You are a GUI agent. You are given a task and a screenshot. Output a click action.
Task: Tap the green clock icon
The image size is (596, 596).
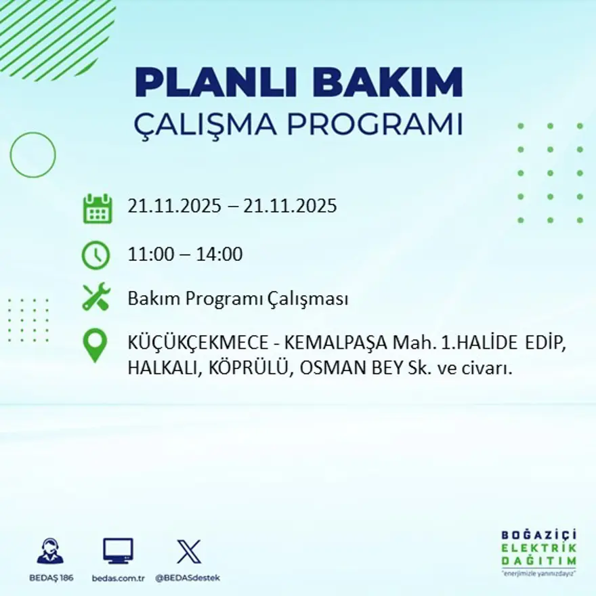click(95, 255)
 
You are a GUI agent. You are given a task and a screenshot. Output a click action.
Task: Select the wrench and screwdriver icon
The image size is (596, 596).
click(96, 298)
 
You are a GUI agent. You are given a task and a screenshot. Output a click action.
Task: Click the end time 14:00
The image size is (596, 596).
click(219, 255)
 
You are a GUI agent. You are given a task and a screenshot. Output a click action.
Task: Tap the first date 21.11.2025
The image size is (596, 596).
click(174, 206)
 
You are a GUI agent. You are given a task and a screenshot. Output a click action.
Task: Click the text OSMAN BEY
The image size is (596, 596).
click(335, 368)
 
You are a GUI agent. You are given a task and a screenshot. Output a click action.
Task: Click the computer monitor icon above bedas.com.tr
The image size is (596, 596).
click(118, 551)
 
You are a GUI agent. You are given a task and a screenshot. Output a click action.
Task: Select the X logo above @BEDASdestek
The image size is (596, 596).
click(188, 551)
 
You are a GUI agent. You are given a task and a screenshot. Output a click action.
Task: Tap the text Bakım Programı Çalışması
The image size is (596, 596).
click(238, 299)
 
